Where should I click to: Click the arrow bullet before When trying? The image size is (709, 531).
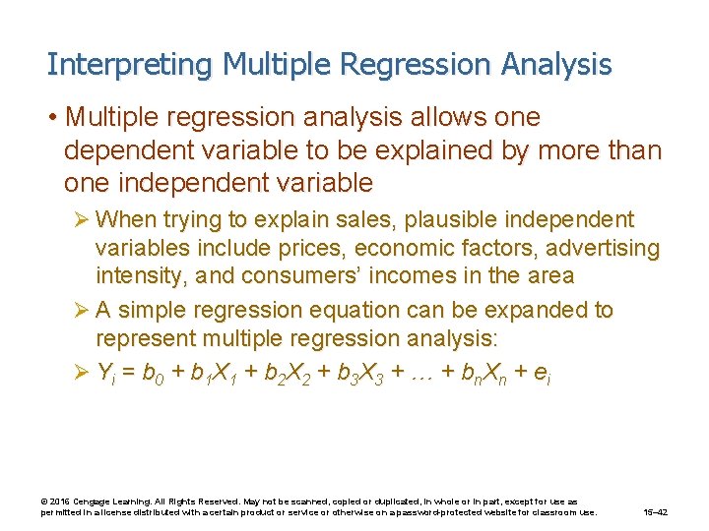click(83, 219)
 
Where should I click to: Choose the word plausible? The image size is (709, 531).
click(459, 219)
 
